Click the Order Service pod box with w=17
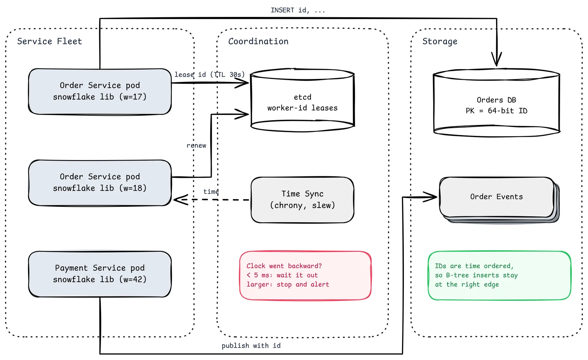[x=100, y=91]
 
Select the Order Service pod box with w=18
[x=100, y=183]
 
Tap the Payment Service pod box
[x=100, y=274]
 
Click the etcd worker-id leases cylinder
[x=302, y=100]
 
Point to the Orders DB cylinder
[x=496, y=102]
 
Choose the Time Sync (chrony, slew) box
[x=302, y=200]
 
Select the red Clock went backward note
[x=305, y=276]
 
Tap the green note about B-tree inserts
[x=499, y=276]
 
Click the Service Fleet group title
[x=50, y=41]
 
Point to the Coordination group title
[x=258, y=41]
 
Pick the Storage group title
[x=440, y=42]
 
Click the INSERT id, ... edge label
[x=298, y=10]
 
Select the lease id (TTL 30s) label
[x=209, y=75]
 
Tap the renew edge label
[x=196, y=145]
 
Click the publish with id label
[x=251, y=346]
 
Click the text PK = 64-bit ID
[x=496, y=111]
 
